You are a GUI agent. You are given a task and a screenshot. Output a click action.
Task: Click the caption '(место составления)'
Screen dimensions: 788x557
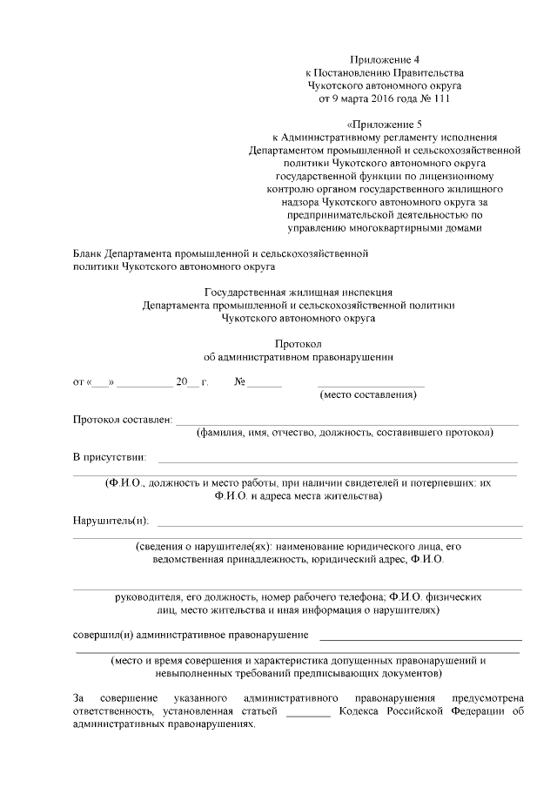[368, 396]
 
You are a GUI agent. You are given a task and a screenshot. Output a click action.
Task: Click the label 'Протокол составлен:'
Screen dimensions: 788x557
[123, 421]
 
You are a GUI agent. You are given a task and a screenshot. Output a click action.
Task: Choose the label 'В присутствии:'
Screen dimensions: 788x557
[110, 457]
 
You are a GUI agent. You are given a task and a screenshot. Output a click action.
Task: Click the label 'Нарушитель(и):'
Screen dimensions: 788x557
[111, 521]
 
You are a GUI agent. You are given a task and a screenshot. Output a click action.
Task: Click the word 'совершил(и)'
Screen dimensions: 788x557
[101, 634]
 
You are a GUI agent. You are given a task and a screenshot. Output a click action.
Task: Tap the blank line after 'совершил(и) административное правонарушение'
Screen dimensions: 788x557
[420, 638]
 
